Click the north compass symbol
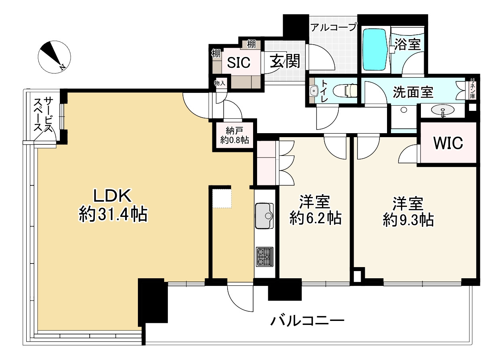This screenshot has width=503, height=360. click(x=54, y=57)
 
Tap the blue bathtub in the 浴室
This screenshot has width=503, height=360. click(x=375, y=49)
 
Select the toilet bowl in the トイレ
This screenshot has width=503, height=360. click(x=345, y=91)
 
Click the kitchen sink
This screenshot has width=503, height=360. click(x=264, y=216)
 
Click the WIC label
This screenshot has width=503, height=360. click(x=448, y=143)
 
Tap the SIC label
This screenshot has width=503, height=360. click(x=239, y=62)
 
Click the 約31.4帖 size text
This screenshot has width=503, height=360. click(x=113, y=214)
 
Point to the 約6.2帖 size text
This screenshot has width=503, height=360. click(x=315, y=218)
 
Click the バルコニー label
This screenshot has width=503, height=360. click(x=307, y=321)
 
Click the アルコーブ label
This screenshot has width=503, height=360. click(x=334, y=28)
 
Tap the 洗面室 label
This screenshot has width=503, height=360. click(x=413, y=92)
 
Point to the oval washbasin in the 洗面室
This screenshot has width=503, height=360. click(x=442, y=110)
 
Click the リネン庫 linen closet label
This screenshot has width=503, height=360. click(x=472, y=89)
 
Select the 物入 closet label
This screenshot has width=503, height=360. click(x=220, y=83)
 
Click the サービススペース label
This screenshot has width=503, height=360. click(x=43, y=114)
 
